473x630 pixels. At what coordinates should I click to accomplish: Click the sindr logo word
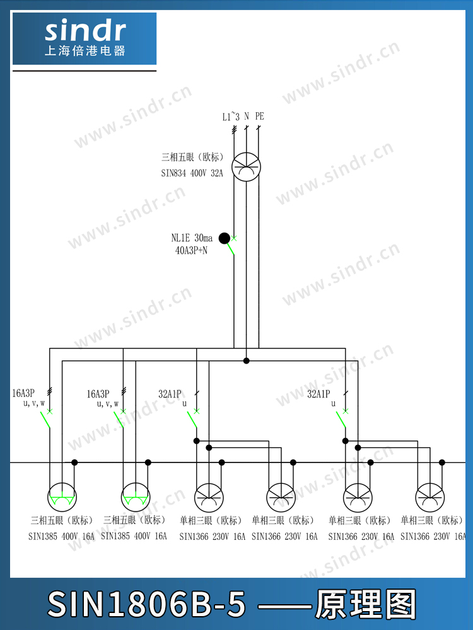[85, 31]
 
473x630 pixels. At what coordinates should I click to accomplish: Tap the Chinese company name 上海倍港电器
[85, 50]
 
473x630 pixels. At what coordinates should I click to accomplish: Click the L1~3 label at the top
[231, 117]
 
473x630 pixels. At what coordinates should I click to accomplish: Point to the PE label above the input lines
[259, 116]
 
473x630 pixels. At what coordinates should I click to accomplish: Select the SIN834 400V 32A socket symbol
[246, 167]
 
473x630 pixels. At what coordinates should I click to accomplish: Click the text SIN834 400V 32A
[192, 173]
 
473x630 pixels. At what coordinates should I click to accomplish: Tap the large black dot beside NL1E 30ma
[225, 238]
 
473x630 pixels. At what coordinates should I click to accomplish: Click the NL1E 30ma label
[192, 238]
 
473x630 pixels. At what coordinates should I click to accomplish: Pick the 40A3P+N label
[191, 251]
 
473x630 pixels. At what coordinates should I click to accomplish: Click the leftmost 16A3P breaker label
[23, 393]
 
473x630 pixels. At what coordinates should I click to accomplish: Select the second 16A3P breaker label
[98, 394]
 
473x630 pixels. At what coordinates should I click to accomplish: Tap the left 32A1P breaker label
[170, 394]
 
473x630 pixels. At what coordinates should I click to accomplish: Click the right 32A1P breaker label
[318, 394]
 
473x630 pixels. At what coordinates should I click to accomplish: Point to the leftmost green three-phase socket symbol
[62, 497]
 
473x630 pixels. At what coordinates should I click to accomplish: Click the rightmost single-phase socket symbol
[430, 498]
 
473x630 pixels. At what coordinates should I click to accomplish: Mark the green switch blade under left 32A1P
[192, 420]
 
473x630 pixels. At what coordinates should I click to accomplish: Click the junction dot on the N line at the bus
[247, 361]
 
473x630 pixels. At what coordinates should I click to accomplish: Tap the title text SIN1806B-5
[146, 604]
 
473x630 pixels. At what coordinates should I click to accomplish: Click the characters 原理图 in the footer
[365, 604]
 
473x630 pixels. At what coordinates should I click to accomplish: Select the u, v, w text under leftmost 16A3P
[34, 403]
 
